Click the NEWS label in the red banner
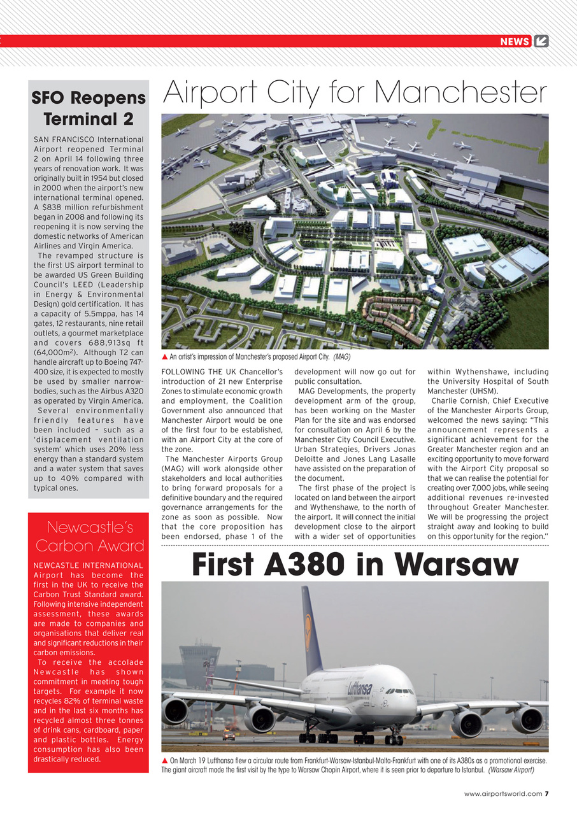tap(515, 41)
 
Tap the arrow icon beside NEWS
tap(541, 41)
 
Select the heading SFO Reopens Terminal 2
tap(89, 108)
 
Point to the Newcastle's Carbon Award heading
tap(89, 536)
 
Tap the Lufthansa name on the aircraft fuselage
tap(360, 688)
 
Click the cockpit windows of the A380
tap(400, 691)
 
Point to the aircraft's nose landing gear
tap(393, 737)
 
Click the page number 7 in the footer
tap(546, 793)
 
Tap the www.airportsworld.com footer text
tap(503, 793)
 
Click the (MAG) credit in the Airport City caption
tap(341, 357)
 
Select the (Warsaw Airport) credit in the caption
tap(511, 770)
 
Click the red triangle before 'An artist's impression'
tap(165, 357)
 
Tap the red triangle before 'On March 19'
tap(165, 760)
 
